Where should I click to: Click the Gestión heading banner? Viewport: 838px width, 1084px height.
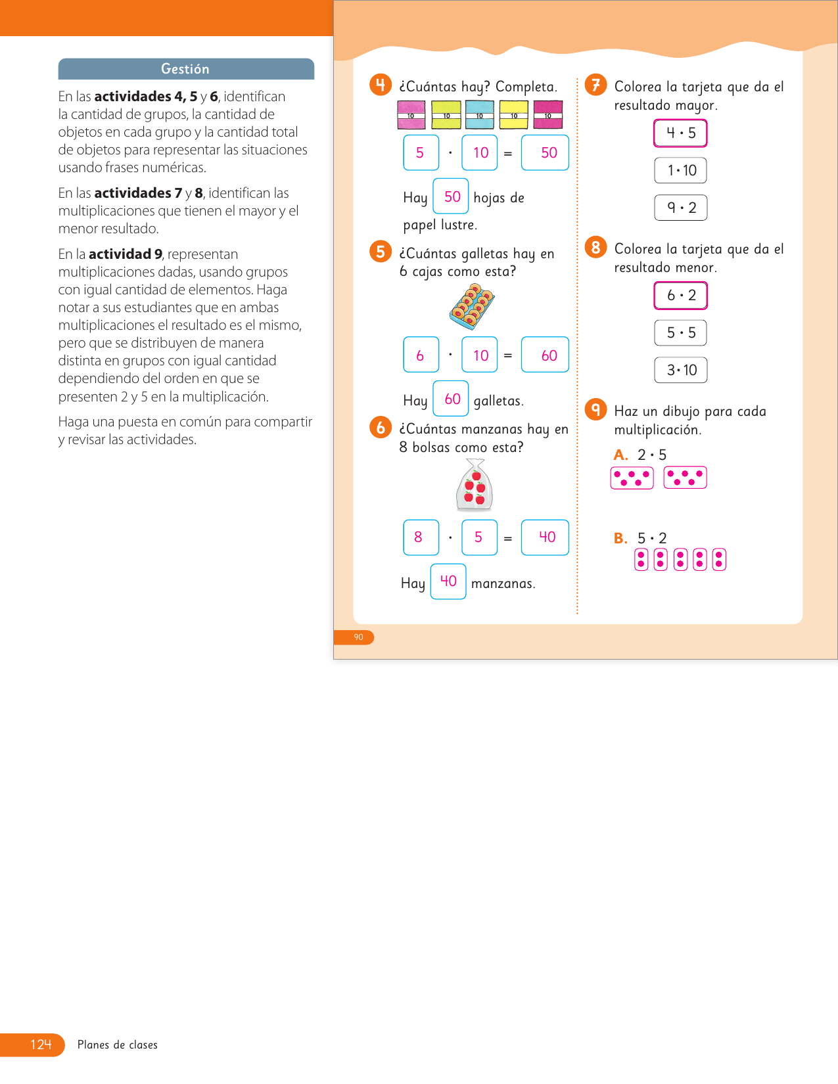pos(186,69)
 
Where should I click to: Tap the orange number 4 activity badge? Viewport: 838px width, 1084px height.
pos(381,85)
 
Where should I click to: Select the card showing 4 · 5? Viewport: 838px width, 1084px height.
pos(680,133)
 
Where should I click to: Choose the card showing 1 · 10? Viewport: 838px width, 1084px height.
pos(680,170)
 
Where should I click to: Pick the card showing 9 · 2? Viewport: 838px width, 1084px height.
pos(680,208)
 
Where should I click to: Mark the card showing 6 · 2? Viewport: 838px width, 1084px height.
pos(680,295)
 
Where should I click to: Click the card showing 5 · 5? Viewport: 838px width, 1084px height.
pos(680,332)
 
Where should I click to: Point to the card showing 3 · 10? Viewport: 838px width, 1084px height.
pos(680,370)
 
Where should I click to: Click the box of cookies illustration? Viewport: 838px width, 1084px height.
pos(472,307)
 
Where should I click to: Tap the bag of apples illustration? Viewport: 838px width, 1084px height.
pos(475,486)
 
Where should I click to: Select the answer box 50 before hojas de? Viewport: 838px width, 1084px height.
pos(451,196)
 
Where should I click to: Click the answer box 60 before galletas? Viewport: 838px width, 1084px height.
pos(451,399)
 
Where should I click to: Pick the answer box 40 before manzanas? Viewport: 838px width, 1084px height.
pos(448,581)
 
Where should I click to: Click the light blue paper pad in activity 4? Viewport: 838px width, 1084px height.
pos(480,115)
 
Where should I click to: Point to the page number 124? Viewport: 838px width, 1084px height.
pos(40,1045)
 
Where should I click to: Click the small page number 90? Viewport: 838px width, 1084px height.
pos(358,637)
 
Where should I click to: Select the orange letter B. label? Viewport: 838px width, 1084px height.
pos(620,539)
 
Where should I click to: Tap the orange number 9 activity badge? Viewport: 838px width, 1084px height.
pos(595,409)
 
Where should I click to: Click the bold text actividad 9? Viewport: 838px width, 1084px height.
pos(126,254)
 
